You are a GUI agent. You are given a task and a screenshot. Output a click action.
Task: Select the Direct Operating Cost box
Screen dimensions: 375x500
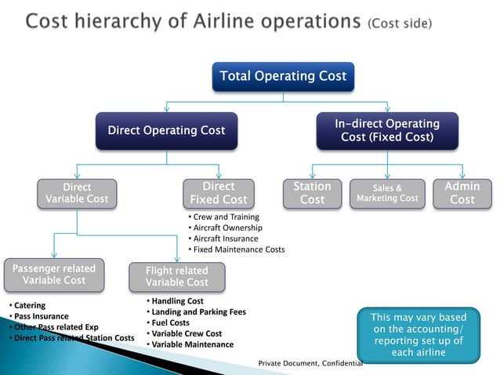point(165,130)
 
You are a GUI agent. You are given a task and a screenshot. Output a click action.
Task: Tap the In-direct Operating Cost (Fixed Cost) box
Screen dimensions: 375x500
point(386,130)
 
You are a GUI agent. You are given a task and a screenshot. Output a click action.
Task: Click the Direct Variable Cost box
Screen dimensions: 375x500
point(77,193)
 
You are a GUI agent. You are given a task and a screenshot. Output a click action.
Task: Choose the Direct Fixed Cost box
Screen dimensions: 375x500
point(219,193)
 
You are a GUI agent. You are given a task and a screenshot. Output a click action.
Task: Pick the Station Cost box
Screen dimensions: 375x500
point(312,193)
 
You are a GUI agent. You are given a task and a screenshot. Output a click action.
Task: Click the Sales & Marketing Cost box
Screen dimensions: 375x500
point(387,193)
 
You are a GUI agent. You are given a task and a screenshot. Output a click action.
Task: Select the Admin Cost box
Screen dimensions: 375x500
point(462,193)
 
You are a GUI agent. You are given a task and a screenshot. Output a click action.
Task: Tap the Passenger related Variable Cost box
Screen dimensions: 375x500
point(53,275)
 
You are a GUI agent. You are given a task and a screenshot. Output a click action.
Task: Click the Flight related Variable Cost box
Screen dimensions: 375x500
point(177,276)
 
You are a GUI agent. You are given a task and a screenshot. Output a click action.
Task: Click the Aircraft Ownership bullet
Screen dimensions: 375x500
point(227,228)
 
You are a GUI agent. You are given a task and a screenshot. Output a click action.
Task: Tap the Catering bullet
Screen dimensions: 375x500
point(29,305)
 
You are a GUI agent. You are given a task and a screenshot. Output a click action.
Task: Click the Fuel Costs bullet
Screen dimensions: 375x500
point(170,322)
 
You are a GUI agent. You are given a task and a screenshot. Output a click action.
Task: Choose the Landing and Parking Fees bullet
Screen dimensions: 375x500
point(197,311)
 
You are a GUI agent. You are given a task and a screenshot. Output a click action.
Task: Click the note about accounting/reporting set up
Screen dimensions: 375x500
point(417,335)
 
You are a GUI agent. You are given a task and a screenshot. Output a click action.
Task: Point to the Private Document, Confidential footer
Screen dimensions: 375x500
point(310,364)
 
